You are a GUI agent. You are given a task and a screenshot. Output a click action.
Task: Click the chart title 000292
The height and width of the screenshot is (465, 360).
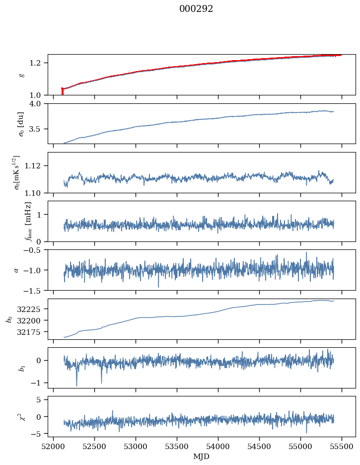click(196, 9)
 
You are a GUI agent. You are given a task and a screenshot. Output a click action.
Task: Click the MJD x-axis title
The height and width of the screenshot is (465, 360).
click(202, 457)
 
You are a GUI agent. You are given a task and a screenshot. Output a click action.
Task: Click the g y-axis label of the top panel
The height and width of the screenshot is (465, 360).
click(21, 75)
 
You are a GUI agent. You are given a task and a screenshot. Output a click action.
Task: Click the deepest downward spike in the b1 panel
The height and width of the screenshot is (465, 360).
click(76, 385)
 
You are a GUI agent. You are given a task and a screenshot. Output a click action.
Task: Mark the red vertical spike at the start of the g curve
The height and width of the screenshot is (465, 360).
click(62, 91)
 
